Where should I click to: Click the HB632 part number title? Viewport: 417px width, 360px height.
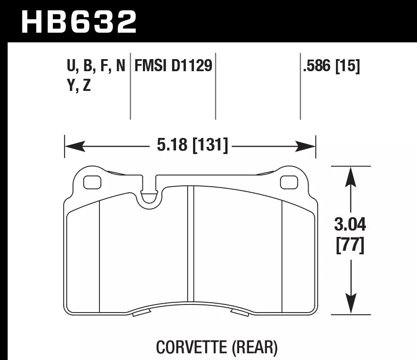point(79,21)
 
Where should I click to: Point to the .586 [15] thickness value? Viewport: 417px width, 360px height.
point(331,66)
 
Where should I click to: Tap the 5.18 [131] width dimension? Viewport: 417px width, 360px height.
point(191,146)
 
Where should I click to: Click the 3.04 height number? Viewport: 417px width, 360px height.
point(350,223)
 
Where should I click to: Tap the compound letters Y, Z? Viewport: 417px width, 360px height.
point(79,86)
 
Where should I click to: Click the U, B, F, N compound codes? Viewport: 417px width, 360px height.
point(96,66)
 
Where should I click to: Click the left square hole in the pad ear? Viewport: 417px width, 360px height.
point(92,182)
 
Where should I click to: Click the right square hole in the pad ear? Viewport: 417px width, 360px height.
point(288,182)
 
